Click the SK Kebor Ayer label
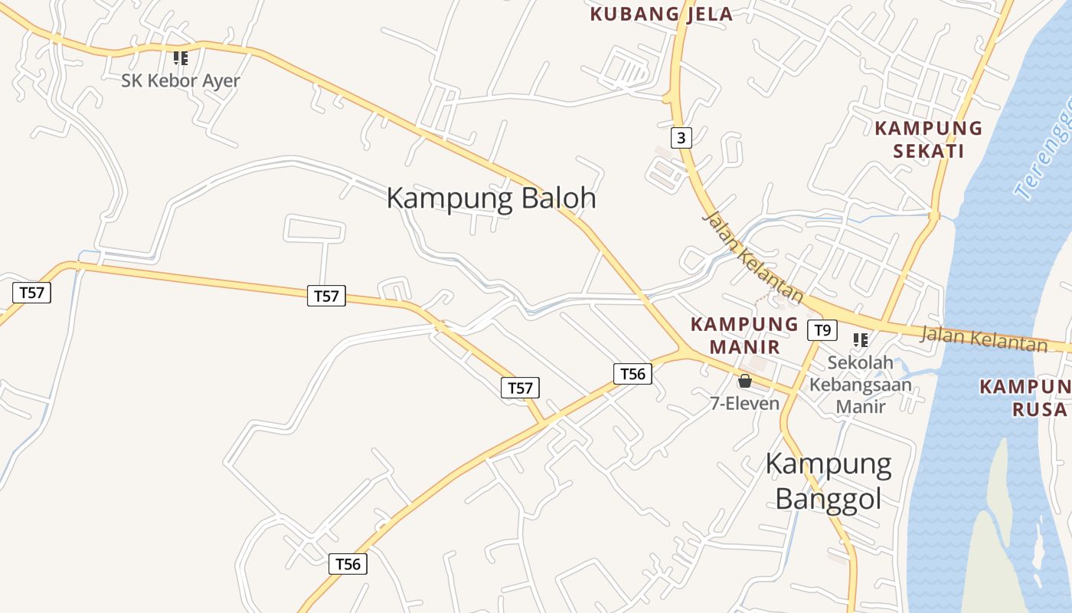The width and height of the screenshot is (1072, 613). tap(181, 80)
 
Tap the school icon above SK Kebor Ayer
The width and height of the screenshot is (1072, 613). tap(181, 58)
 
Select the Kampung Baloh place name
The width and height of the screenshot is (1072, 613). tap(491, 198)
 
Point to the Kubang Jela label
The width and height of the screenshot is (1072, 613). tap(662, 14)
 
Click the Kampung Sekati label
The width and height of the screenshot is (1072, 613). tap(928, 139)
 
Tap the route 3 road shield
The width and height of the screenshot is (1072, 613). tap(681, 138)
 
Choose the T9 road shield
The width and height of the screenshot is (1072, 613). tap(822, 330)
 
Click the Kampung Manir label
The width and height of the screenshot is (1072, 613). tap(744, 336)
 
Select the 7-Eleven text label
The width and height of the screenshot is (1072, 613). tap(744, 403)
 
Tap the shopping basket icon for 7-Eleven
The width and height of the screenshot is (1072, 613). tap(744, 381)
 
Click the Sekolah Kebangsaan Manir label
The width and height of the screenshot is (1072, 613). tap(861, 384)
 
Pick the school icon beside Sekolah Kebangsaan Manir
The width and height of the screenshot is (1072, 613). tap(861, 339)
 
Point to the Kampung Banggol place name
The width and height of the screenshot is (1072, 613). tap(829, 480)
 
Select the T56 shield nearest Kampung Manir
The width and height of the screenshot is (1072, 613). tap(632, 373)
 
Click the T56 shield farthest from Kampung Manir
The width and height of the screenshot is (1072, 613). tap(348, 564)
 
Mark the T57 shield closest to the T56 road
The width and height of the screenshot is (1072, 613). tap(520, 388)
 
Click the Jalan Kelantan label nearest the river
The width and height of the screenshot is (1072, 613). tap(983, 339)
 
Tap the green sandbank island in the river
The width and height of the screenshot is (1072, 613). tap(995, 536)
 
